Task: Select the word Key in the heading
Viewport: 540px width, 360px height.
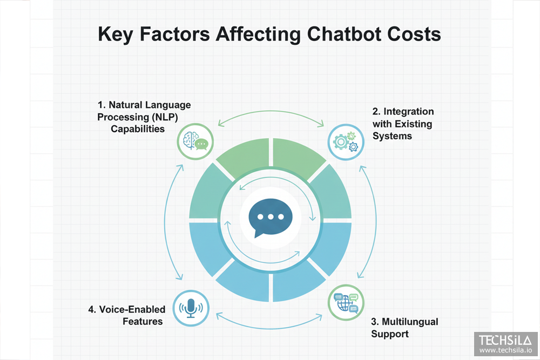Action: (x=118, y=33)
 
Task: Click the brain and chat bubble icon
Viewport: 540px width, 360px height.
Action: (x=194, y=142)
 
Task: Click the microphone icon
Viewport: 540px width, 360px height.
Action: (x=190, y=308)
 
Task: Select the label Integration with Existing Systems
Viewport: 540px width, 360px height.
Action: (x=403, y=124)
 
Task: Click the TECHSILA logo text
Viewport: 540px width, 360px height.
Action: (x=506, y=340)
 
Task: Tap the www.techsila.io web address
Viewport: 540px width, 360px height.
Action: (x=506, y=350)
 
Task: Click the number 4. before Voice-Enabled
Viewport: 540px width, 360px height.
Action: (x=92, y=310)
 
